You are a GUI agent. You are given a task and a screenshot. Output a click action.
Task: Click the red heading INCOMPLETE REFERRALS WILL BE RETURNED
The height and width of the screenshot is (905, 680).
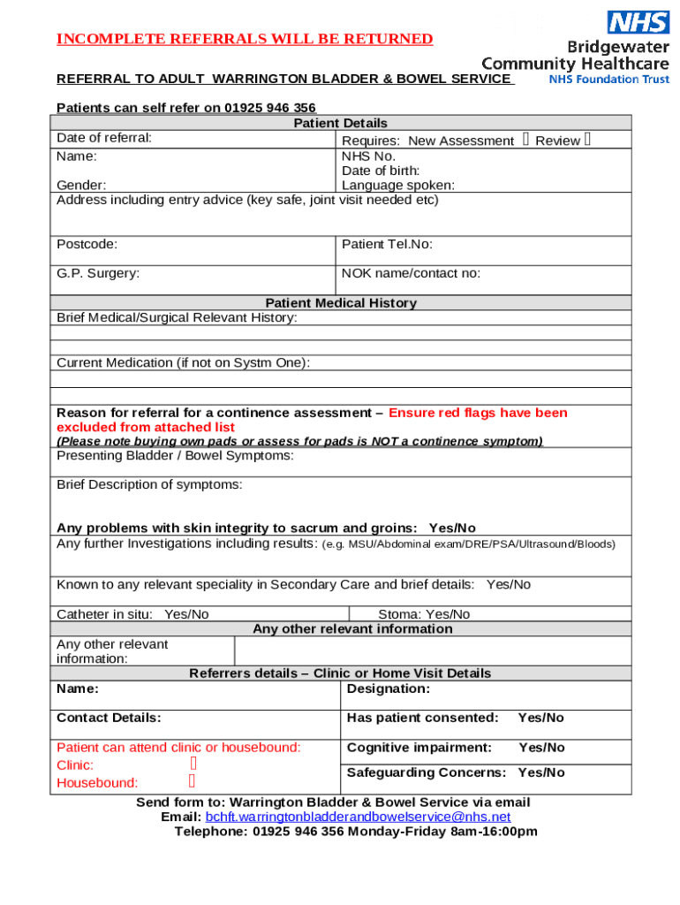click(245, 39)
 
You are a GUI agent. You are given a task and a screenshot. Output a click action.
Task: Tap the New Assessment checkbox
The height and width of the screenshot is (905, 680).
click(525, 140)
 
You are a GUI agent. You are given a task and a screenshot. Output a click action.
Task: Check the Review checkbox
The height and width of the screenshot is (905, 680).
click(587, 140)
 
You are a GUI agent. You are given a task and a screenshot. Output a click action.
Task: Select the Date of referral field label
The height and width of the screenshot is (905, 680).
click(103, 138)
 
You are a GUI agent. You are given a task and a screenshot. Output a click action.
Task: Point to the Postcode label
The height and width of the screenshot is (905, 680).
click(87, 244)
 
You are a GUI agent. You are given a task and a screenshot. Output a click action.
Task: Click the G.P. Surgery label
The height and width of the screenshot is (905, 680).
click(97, 273)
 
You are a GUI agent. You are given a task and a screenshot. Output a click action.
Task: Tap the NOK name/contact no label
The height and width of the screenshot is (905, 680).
click(411, 273)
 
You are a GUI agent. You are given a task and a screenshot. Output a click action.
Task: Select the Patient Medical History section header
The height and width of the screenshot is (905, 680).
click(340, 302)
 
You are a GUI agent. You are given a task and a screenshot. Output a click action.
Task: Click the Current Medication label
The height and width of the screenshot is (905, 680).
click(183, 362)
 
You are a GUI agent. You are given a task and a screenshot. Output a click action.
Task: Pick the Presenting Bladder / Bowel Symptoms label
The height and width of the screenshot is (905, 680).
click(175, 456)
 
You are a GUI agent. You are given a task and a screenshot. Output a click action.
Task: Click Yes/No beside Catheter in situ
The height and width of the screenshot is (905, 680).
click(186, 614)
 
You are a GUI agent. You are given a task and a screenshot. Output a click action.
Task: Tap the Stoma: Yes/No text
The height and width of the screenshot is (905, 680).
click(424, 614)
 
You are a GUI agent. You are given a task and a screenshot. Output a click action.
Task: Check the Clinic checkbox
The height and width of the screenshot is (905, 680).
click(193, 764)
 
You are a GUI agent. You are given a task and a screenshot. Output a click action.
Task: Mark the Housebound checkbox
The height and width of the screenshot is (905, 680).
click(193, 781)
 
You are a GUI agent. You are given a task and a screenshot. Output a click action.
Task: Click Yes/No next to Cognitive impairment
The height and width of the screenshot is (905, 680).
click(541, 748)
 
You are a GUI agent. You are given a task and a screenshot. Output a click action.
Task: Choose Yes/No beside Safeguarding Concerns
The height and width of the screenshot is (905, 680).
click(541, 772)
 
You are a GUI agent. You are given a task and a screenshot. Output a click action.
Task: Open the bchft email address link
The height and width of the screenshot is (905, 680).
click(358, 817)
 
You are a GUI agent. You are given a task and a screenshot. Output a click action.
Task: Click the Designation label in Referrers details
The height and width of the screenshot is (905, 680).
click(389, 688)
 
